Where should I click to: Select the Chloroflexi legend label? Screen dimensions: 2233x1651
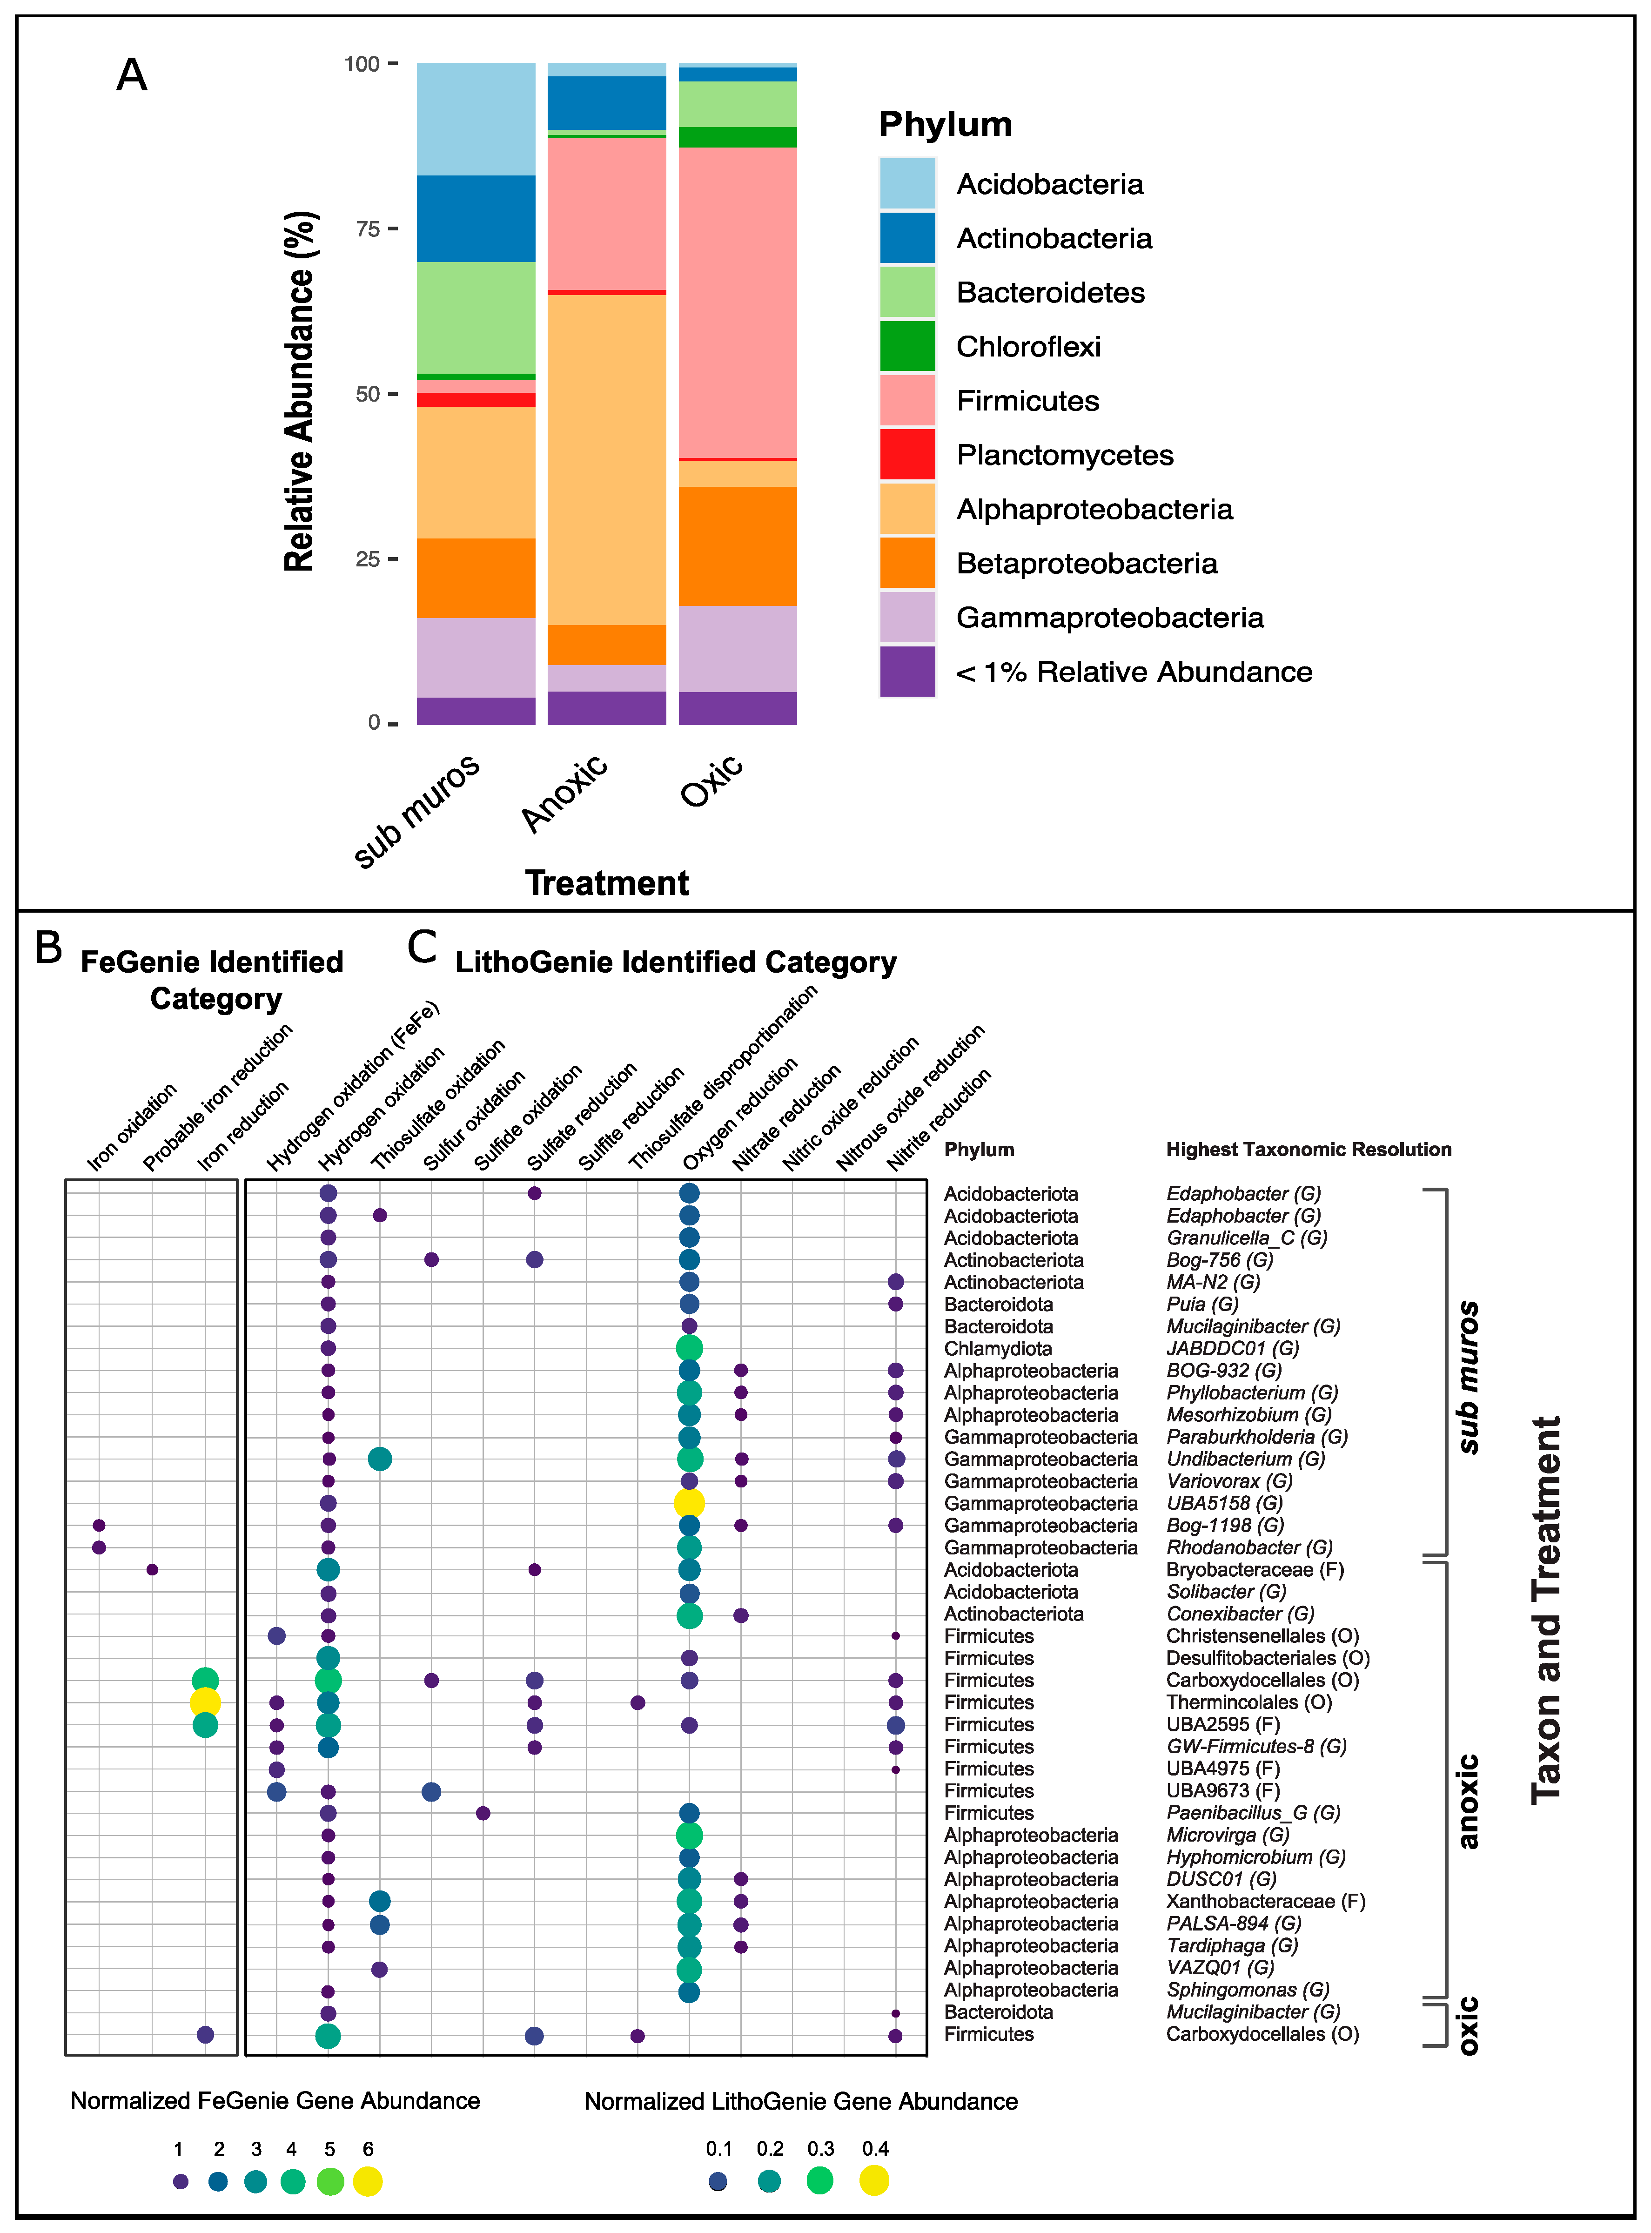1028,347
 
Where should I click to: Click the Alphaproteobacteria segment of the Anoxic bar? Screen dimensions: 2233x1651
607,460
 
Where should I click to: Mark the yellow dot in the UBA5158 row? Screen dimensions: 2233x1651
689,1502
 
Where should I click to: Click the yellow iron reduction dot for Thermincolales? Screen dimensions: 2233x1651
205,1702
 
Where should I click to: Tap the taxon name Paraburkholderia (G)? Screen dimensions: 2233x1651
1256,1436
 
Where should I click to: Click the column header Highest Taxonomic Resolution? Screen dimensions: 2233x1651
1308,1150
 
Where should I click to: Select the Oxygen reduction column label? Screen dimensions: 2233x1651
739,1115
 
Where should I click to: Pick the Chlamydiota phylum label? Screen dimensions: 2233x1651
997,1348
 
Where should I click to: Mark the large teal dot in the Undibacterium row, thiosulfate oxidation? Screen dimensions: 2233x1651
380,1459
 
